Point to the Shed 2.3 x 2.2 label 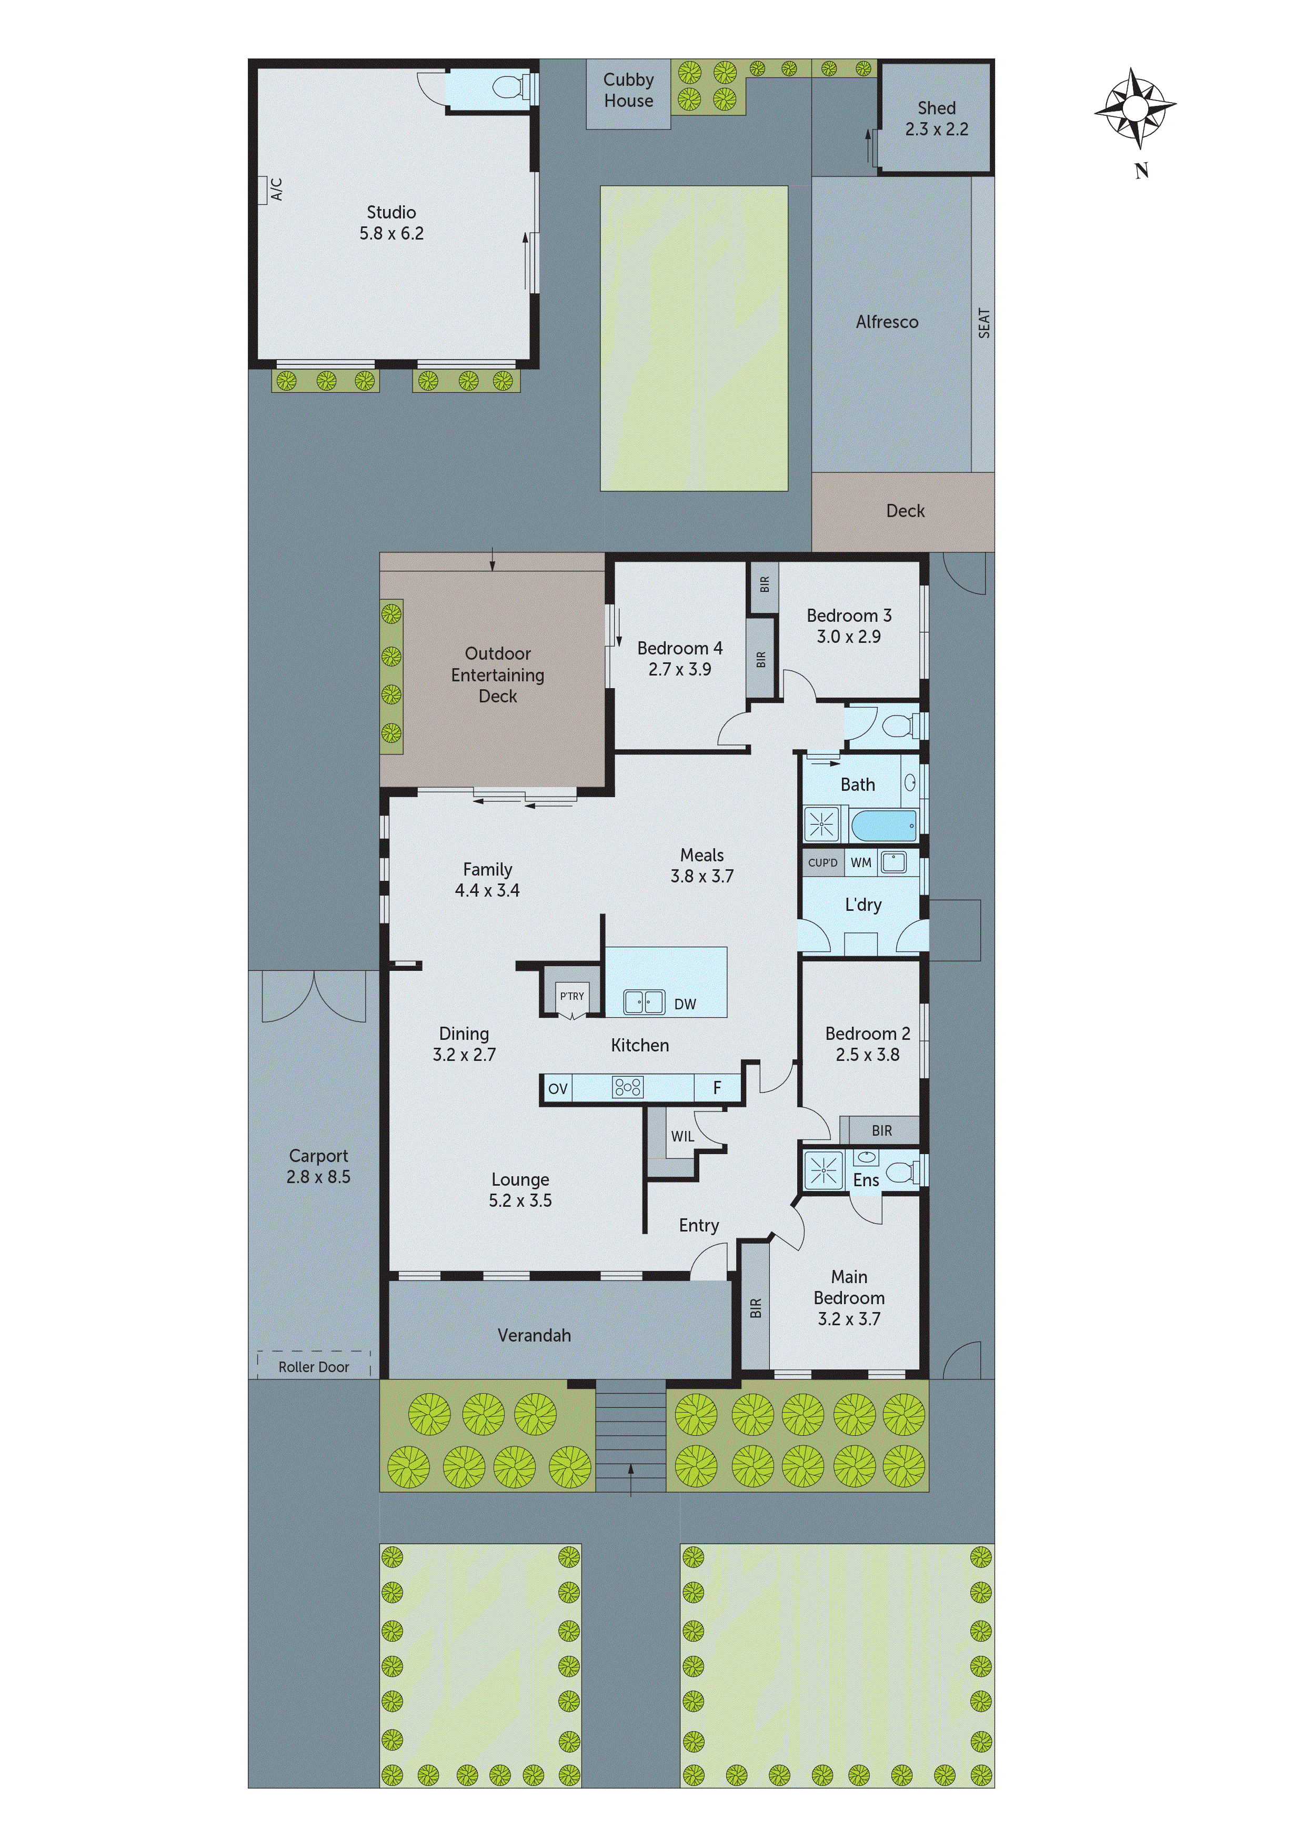point(936,118)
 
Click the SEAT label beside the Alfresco point(983,323)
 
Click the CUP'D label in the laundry point(822,863)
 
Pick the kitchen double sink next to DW point(644,1001)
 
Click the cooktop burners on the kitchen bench point(627,1088)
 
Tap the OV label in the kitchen point(557,1089)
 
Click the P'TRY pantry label point(571,996)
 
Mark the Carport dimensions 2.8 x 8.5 point(318,1177)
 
